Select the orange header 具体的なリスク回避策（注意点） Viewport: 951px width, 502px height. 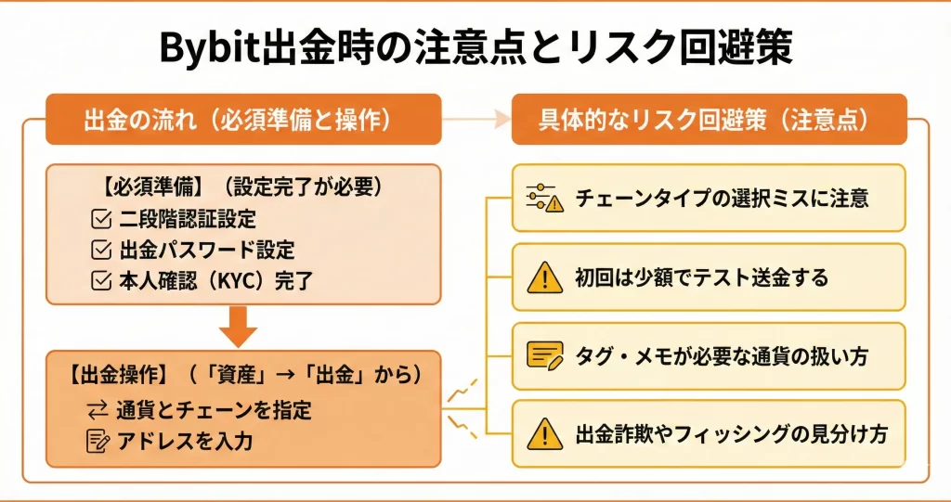709,120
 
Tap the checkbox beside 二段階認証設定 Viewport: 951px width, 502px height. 100,220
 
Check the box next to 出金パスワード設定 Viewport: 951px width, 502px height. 100,250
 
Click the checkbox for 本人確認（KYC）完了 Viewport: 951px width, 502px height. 100,279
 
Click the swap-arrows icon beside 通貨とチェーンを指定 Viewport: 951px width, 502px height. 98,409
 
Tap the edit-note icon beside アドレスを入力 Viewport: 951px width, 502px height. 98,441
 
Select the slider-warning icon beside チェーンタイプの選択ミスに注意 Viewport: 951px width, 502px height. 545,198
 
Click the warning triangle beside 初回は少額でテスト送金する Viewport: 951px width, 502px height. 545,277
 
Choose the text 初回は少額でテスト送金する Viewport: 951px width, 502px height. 701,277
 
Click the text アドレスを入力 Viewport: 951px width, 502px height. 185,441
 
